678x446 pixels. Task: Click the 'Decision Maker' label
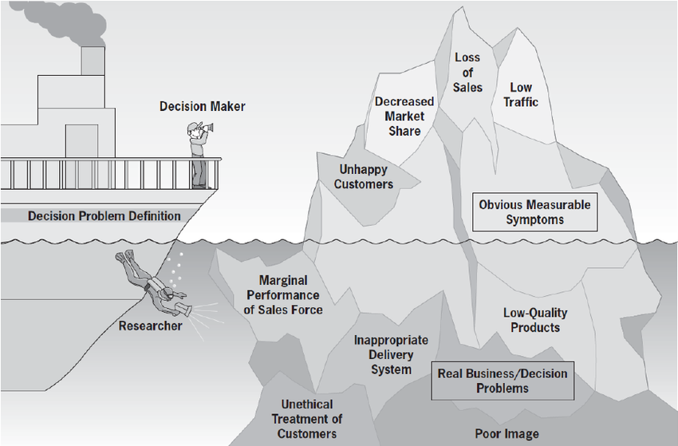pos(203,106)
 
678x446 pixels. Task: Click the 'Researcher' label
pos(150,326)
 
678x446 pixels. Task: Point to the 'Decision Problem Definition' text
pos(104,215)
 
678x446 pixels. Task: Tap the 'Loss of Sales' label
pos(468,72)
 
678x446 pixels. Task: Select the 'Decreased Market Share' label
pos(404,116)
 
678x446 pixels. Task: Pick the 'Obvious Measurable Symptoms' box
pos(534,211)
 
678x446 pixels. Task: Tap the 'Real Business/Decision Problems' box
pos(503,381)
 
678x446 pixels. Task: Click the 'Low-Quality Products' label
pos(535,319)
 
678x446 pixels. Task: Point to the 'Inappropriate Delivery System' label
pos(391,354)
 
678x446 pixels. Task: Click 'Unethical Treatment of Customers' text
pos(307,419)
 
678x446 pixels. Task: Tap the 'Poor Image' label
pos(507,433)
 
